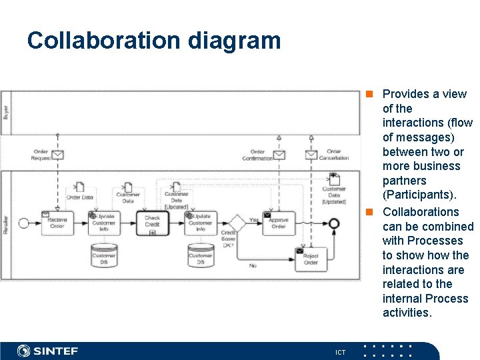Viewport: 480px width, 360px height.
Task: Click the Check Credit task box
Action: [152, 223]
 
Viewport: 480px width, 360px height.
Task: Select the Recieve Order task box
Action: [57, 223]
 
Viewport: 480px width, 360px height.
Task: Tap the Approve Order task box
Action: [278, 223]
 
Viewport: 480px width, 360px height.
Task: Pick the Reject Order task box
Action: [311, 259]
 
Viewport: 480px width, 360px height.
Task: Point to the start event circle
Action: [24, 223]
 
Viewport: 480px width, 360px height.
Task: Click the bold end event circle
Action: [334, 223]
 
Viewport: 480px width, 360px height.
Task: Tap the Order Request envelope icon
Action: [57, 155]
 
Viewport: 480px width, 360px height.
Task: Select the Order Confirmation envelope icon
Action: [279, 155]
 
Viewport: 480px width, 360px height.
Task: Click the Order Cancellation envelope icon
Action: [311, 155]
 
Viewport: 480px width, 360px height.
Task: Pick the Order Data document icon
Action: [79, 187]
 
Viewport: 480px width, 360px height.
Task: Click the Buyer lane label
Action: [6, 112]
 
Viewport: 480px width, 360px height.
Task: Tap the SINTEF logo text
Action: [56, 351]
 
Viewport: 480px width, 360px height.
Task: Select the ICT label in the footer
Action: [340, 351]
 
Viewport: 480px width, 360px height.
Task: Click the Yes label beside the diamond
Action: [253, 219]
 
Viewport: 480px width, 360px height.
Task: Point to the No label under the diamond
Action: [253, 266]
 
